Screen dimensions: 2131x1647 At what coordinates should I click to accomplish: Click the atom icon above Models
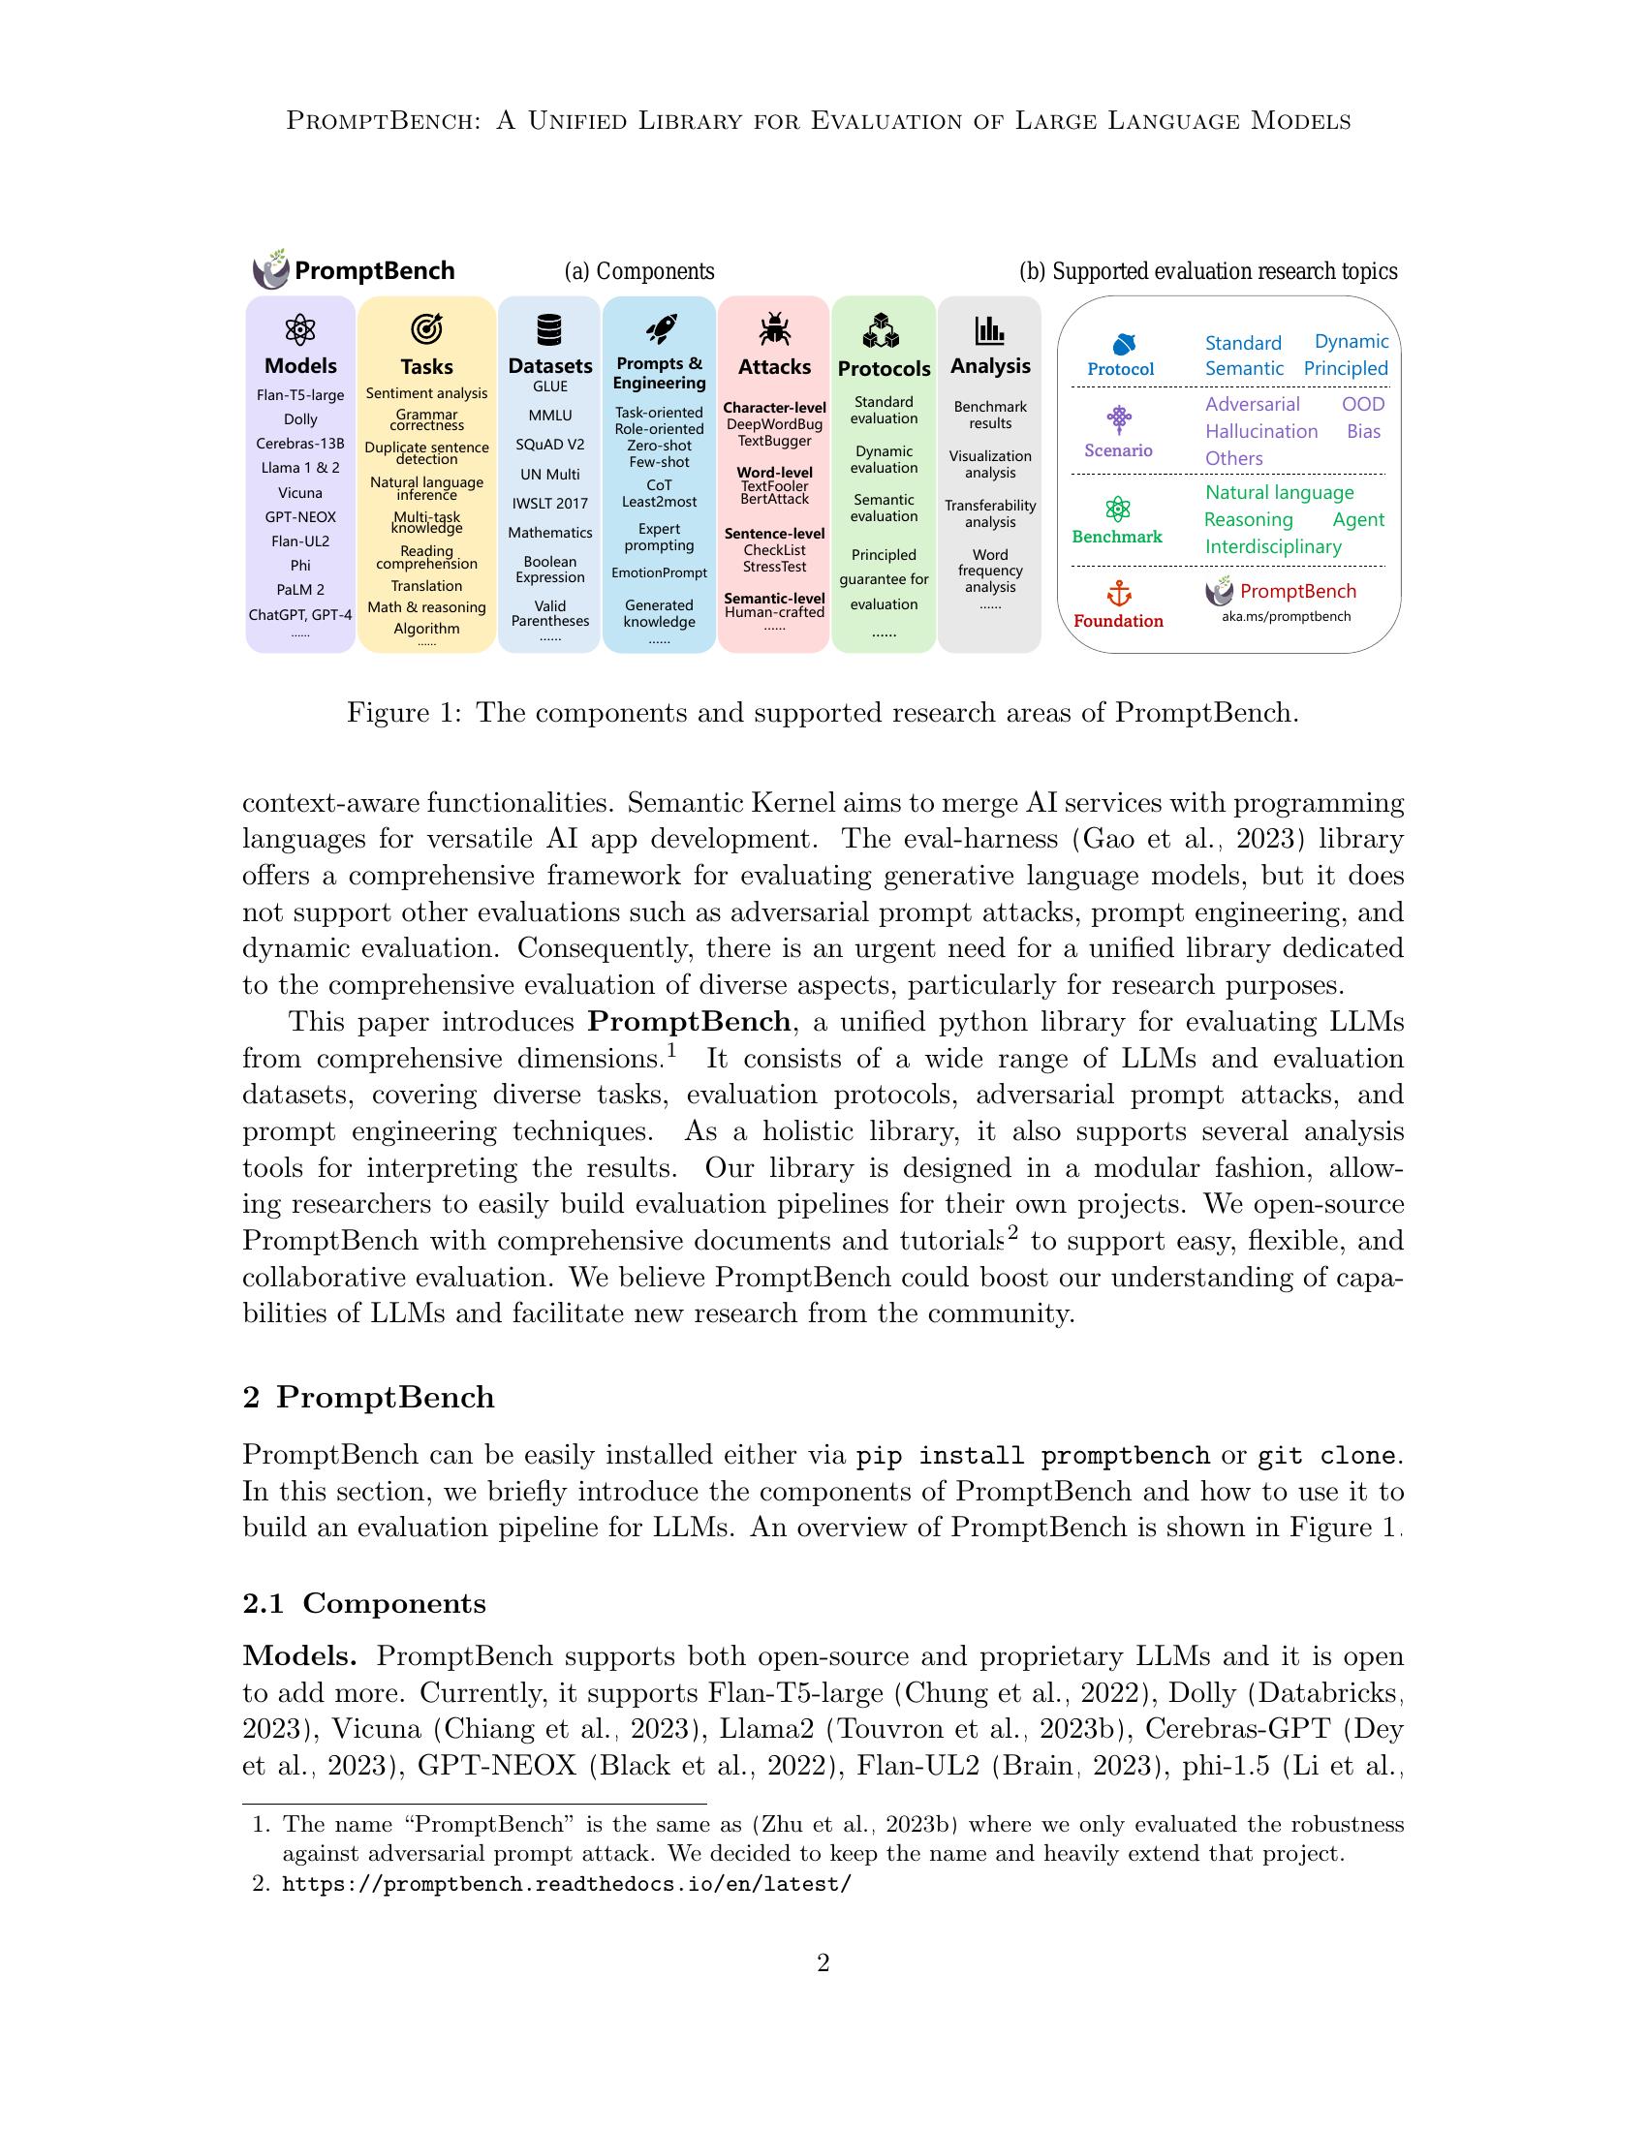click(x=299, y=330)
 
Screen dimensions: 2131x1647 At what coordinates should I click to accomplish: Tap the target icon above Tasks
click(x=426, y=329)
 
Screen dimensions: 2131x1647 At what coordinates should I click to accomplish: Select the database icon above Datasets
click(x=549, y=329)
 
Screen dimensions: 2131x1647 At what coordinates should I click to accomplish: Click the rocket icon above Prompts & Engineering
click(x=661, y=328)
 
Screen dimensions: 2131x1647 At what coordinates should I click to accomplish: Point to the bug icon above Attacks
click(x=775, y=328)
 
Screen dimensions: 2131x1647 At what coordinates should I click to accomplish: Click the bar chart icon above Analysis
click(x=989, y=329)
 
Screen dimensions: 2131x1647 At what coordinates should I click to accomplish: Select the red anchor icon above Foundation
click(x=1118, y=592)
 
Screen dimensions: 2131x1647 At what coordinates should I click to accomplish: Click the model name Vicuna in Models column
click(x=299, y=493)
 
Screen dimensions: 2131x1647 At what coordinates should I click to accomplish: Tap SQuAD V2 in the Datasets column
click(x=549, y=445)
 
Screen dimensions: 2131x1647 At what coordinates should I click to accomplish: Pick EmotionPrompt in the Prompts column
click(x=659, y=572)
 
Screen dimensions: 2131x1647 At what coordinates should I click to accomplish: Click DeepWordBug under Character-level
click(x=775, y=424)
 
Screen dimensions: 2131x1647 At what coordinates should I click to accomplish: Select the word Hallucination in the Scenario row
click(x=1260, y=431)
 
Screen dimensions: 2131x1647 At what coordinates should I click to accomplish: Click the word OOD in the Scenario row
click(x=1362, y=404)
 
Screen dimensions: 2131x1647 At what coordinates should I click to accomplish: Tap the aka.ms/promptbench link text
click(x=1286, y=617)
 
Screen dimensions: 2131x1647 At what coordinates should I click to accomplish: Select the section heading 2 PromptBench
click(x=368, y=1397)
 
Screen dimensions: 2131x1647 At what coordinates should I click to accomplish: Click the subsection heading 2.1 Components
click(x=364, y=1604)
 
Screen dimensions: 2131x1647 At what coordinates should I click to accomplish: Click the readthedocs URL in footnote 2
click(x=566, y=1884)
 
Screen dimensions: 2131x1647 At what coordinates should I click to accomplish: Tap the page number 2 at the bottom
click(x=823, y=1962)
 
